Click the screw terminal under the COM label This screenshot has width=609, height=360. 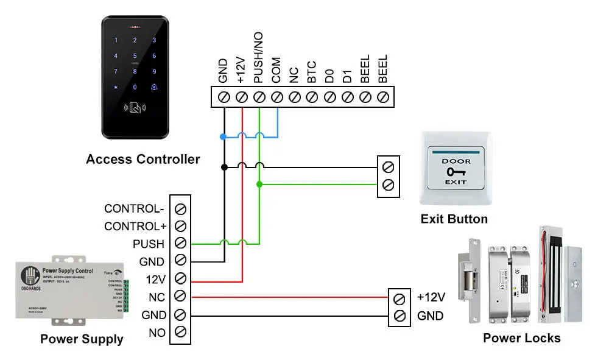coord(277,97)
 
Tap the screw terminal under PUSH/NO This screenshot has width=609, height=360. coord(259,97)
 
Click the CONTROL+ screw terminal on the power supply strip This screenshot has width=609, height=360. coord(180,226)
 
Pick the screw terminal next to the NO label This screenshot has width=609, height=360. coord(180,333)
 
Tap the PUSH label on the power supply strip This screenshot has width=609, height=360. coord(149,244)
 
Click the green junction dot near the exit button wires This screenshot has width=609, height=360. coord(259,184)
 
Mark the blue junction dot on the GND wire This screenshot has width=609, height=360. coord(224,136)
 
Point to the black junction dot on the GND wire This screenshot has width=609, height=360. coord(224,166)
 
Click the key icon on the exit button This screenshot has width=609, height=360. coord(455,172)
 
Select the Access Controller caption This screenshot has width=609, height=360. coord(143,160)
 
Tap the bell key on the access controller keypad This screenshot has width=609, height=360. coord(154,87)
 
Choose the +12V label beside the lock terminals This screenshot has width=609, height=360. coord(431,298)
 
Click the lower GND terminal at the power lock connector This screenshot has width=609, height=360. coord(399,316)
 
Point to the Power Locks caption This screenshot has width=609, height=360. coord(522,337)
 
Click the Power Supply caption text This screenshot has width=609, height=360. coord(82,339)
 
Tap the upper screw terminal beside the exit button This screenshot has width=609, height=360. coord(388,166)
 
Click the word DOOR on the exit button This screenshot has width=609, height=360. coord(456,161)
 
